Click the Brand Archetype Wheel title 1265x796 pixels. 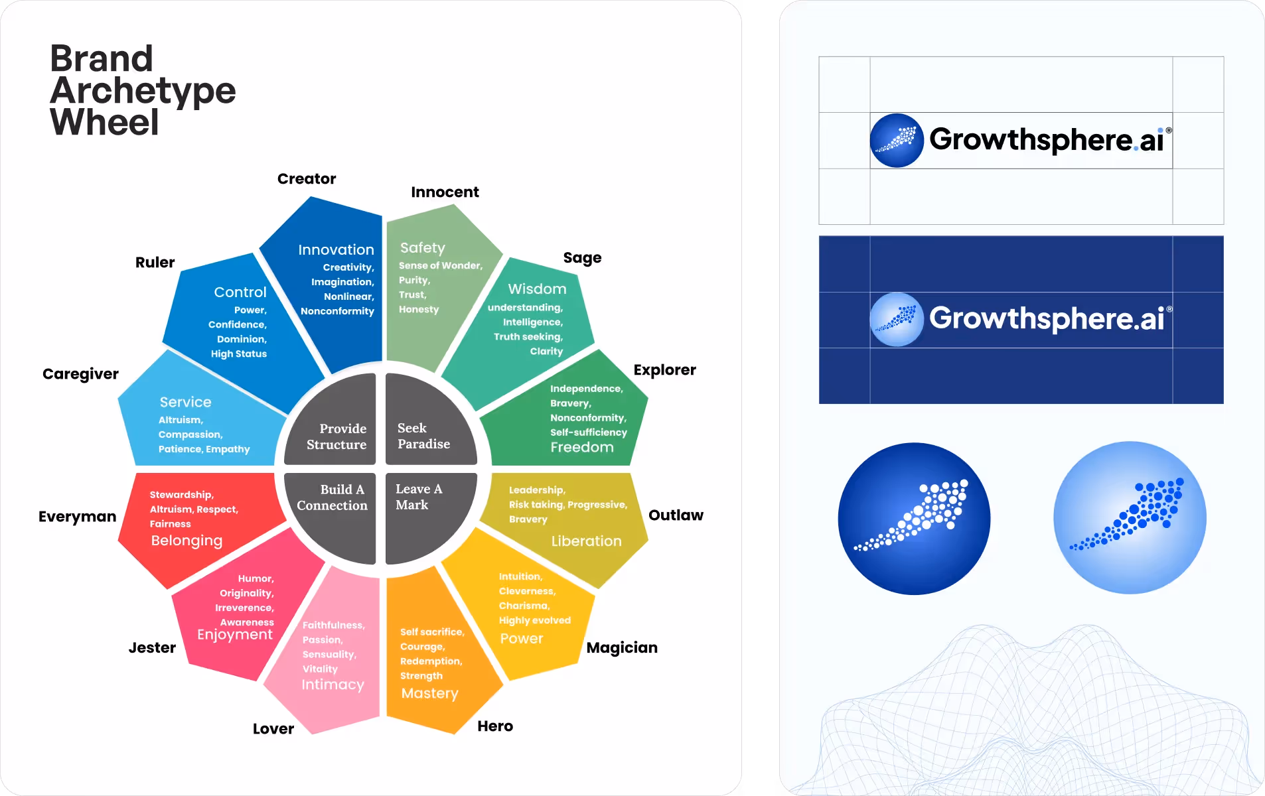pos(142,90)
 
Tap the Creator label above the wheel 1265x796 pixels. pos(307,179)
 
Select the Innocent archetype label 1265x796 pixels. pos(445,192)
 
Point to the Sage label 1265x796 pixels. pos(582,258)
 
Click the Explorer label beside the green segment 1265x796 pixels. pos(664,370)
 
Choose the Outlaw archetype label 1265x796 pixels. pos(676,515)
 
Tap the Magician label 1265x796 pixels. pos(622,648)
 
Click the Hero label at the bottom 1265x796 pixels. pos(495,726)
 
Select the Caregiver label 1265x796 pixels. pos(80,374)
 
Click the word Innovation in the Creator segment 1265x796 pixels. pos(336,250)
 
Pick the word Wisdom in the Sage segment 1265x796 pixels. pos(537,289)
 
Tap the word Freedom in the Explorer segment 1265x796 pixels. pos(582,448)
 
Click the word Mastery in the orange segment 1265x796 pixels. pos(429,694)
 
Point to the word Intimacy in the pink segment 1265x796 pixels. pos(333,685)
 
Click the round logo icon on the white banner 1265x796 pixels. pos(897,141)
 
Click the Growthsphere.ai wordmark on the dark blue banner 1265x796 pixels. pos(1047,318)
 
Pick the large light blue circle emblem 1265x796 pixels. pos(1130,518)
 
